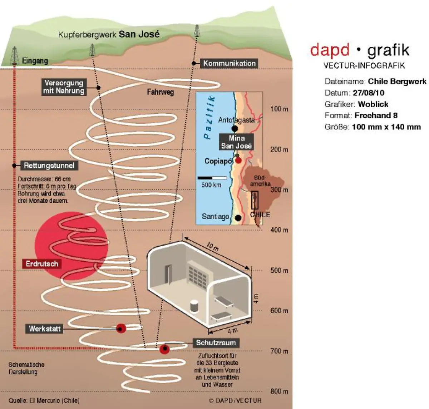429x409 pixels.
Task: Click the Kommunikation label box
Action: pyautogui.click(x=230, y=64)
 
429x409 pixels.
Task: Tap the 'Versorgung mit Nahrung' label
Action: pyautogui.click(x=64, y=87)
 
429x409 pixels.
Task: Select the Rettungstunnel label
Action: pyautogui.click(x=49, y=166)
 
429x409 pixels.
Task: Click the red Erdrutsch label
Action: pyautogui.click(x=42, y=264)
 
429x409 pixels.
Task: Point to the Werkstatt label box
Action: pyautogui.click(x=45, y=329)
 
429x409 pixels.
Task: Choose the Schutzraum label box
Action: pyautogui.click(x=216, y=343)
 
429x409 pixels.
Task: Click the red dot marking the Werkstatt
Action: pyautogui.click(x=121, y=328)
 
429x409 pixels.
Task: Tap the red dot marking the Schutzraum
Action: pyautogui.click(x=164, y=349)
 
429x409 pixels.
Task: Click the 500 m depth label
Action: pyautogui.click(x=279, y=270)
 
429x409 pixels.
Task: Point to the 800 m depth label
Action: pyautogui.click(x=279, y=391)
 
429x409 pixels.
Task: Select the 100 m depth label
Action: pyautogui.click(x=279, y=109)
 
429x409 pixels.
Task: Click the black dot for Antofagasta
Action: pyautogui.click(x=235, y=128)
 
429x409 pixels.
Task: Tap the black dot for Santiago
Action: pyautogui.click(x=238, y=217)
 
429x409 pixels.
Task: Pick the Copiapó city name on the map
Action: pyautogui.click(x=218, y=161)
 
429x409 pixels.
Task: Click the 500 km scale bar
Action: pyautogui.click(x=212, y=178)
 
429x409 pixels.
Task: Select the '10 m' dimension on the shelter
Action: pyautogui.click(x=212, y=247)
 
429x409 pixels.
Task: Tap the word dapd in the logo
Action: pyautogui.click(x=330, y=50)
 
